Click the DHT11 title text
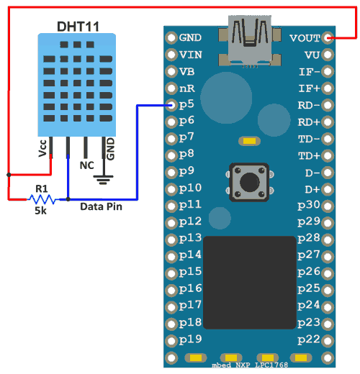[78, 27]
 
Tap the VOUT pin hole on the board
[328, 38]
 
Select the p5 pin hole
[171, 105]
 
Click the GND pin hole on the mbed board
[171, 37]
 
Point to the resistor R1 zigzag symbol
[42, 199]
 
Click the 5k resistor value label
[40, 211]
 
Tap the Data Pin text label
[101, 206]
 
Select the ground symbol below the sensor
[104, 180]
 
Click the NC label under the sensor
[86, 165]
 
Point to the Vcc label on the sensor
[42, 148]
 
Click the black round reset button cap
[250, 182]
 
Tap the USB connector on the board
[250, 41]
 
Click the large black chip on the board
[250, 283]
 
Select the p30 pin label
[309, 205]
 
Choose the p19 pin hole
[171, 341]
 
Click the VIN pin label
[191, 55]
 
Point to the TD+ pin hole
[328, 156]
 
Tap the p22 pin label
[309, 340]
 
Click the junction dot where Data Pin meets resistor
[68, 199]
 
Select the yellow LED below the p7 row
[249, 141]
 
